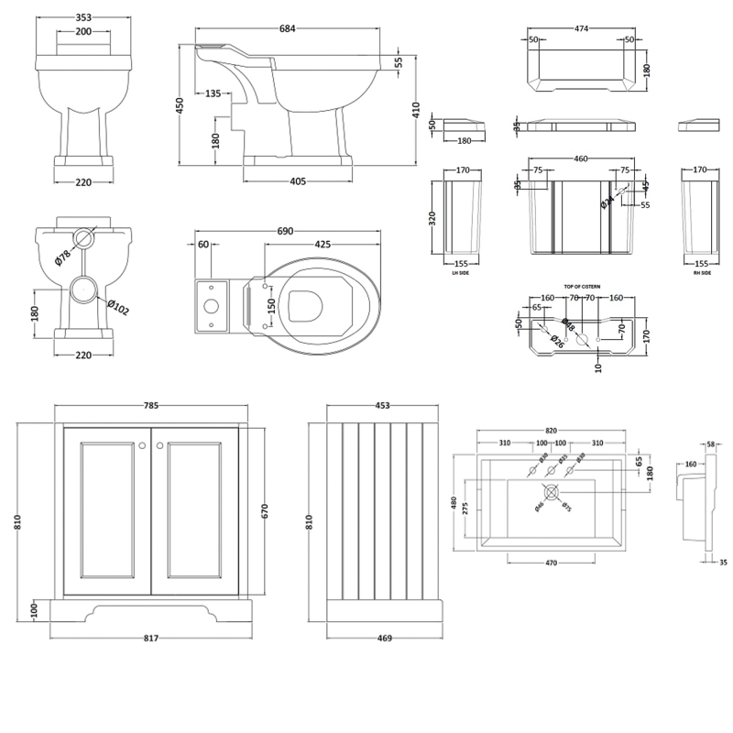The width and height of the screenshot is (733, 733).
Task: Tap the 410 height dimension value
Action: (418, 111)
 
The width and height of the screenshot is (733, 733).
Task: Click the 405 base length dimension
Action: (298, 181)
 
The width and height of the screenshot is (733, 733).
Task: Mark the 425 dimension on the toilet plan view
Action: (323, 245)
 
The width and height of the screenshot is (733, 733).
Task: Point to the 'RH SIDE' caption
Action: (701, 271)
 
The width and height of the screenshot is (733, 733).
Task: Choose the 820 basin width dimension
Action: (551, 429)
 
